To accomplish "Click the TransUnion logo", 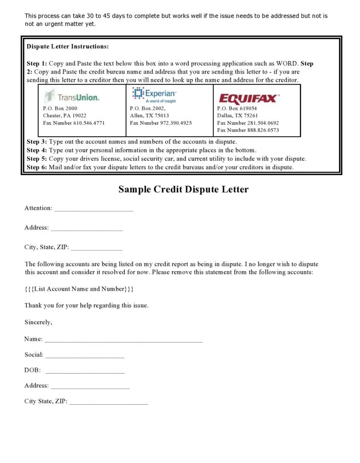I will [x=72, y=96].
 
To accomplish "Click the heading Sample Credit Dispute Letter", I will [x=183, y=189].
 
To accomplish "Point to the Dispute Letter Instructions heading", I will [x=68, y=47].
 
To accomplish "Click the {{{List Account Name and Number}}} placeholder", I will [x=79, y=289].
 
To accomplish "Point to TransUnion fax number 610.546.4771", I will [x=74, y=123].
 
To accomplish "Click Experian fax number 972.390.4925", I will [x=161, y=123].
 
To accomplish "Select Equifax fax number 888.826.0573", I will [x=248, y=130].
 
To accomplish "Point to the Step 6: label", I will [x=37, y=168].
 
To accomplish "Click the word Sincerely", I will [x=38, y=323].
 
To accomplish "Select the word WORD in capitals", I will [x=287, y=64].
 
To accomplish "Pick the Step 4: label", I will [x=37, y=150].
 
